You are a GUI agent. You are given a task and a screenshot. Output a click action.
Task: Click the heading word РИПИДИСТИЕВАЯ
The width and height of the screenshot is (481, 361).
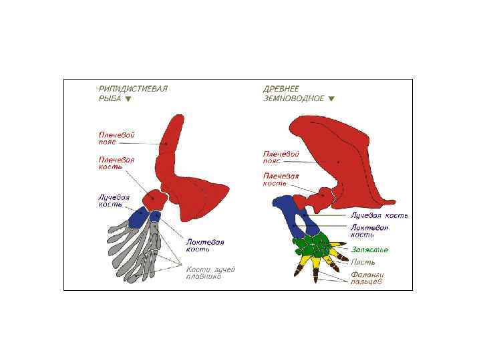[x=133, y=88]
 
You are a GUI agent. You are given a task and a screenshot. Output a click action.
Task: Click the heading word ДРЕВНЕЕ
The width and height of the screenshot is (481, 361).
[x=281, y=88]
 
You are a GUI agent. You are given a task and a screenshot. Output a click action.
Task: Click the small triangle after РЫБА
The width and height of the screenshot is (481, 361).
[x=128, y=98]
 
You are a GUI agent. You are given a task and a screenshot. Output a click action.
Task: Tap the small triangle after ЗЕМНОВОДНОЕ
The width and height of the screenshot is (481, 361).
[x=331, y=98]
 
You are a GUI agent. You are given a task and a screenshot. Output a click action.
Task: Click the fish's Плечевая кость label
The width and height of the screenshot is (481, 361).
[x=116, y=163]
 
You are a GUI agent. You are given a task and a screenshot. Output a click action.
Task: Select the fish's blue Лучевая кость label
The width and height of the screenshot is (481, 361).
[x=114, y=201]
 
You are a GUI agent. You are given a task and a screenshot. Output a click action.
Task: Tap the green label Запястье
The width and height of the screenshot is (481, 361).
[x=369, y=249]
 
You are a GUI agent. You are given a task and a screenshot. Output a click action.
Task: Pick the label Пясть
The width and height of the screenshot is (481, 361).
[x=359, y=262]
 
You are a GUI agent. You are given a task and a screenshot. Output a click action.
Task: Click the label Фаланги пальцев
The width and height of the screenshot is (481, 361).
[x=367, y=277]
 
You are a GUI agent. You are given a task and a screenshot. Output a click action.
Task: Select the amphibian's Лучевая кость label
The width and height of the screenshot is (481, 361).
[x=379, y=216]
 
